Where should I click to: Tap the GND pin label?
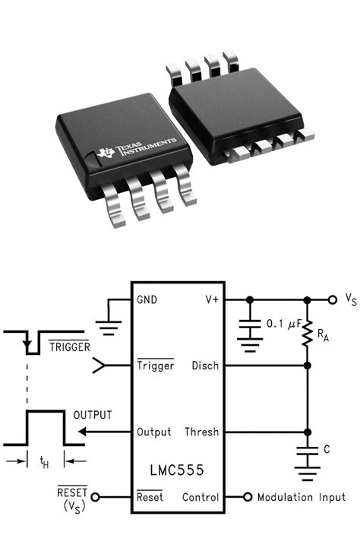pyautogui.click(x=147, y=299)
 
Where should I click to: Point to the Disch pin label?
pyautogui.click(x=205, y=366)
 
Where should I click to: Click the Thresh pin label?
pyautogui.click(x=201, y=432)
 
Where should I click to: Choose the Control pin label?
pyautogui.click(x=201, y=498)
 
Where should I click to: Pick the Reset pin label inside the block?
pyautogui.click(x=150, y=498)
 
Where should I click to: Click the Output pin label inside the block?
pyautogui.click(x=153, y=432)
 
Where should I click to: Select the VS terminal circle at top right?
pyautogui.click(x=332, y=299)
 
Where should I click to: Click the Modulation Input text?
pyautogui.click(x=302, y=498)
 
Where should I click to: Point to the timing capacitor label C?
pyautogui.click(x=327, y=450)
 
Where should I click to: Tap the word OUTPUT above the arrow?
pyautogui.click(x=92, y=415)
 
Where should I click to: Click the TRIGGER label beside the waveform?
pyautogui.click(x=70, y=347)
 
